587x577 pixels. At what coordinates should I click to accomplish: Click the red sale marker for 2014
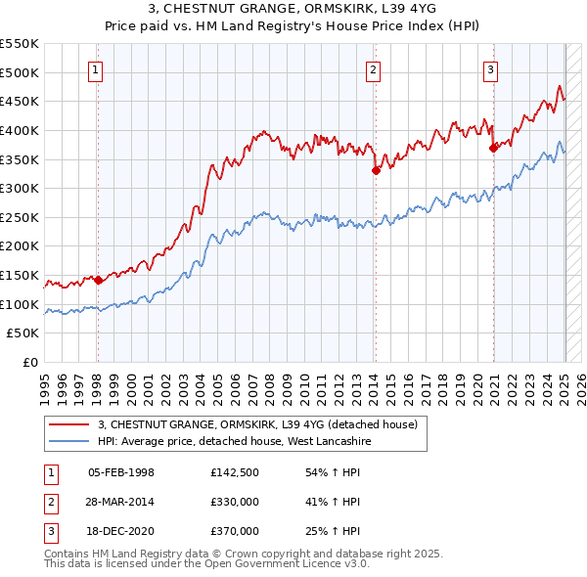click(376, 170)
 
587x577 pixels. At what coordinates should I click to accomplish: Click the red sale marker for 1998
click(98, 280)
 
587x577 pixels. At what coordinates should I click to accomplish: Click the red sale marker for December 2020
click(493, 148)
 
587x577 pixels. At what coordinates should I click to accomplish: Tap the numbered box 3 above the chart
click(491, 68)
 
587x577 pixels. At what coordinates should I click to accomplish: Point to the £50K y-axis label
click(24, 333)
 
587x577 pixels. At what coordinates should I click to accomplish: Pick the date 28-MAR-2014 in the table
click(121, 502)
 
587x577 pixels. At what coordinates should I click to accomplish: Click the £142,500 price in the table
click(235, 472)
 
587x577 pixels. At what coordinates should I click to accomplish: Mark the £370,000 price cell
click(235, 531)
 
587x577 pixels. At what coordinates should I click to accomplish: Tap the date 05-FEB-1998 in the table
click(121, 472)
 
